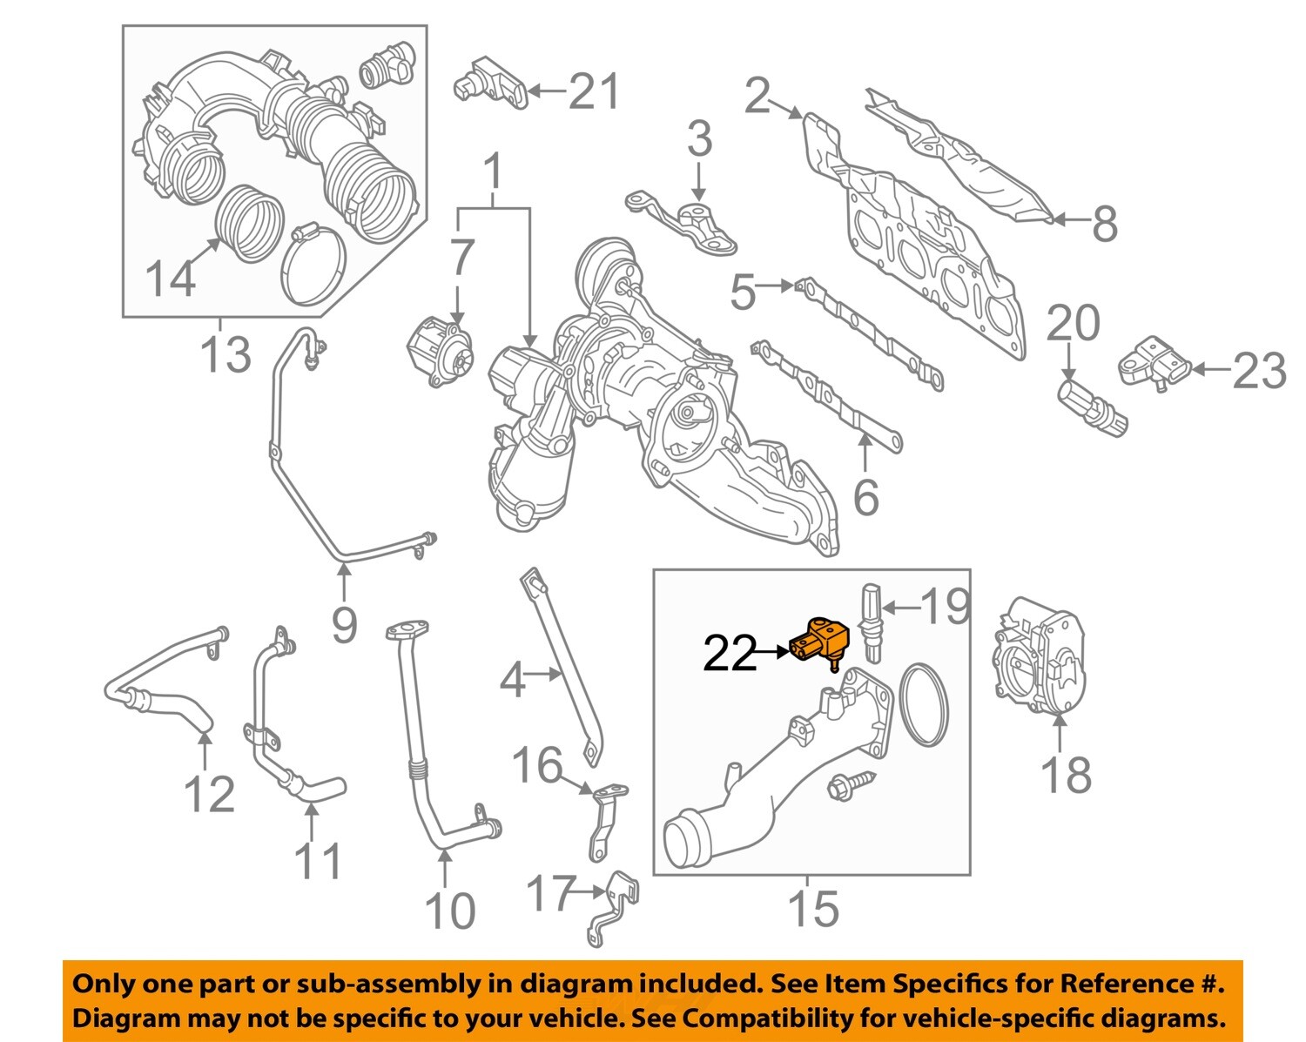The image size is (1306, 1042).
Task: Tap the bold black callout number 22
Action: pyautogui.click(x=730, y=652)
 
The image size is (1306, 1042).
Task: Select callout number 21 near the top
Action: pyautogui.click(x=594, y=91)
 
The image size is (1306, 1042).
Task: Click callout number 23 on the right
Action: pyautogui.click(x=1259, y=371)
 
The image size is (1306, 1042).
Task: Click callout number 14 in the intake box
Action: pyautogui.click(x=170, y=279)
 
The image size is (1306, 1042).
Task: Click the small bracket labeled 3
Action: pyautogui.click(x=688, y=223)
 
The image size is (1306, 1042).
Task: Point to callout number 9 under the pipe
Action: pyautogui.click(x=344, y=623)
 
